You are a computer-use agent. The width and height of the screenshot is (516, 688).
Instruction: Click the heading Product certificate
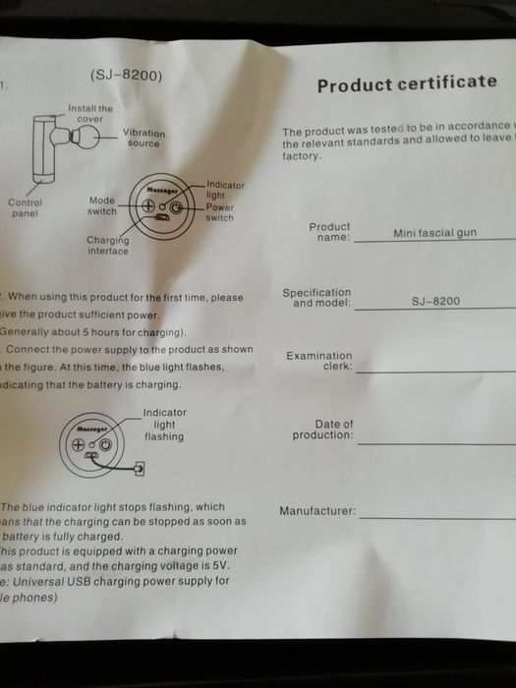coord(407,84)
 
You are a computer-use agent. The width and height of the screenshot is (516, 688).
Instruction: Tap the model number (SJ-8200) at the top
coord(126,76)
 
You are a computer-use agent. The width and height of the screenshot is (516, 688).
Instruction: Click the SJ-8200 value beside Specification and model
coord(435,302)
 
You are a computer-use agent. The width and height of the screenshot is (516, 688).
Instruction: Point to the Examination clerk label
coord(318,361)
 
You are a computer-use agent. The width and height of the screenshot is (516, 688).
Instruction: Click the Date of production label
coord(322,430)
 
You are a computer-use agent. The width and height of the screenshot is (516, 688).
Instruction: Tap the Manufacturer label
coord(317,512)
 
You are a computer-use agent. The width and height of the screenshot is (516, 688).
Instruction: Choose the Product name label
coord(329,232)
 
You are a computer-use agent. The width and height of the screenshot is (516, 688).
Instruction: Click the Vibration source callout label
coord(143,138)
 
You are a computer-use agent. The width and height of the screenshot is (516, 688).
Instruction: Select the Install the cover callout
coord(90,113)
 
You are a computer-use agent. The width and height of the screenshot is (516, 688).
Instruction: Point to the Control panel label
coord(25,207)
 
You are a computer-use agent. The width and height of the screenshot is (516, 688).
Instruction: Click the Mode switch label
coord(102,204)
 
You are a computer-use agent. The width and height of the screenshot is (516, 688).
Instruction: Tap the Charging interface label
coord(107,245)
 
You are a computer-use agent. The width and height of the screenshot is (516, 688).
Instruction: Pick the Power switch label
coord(219,212)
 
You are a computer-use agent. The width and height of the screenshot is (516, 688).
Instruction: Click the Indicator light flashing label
coord(163,425)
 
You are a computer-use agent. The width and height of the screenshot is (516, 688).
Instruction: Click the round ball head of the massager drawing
coord(85,135)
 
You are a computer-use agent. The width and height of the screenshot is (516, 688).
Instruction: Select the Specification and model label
coord(316,298)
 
